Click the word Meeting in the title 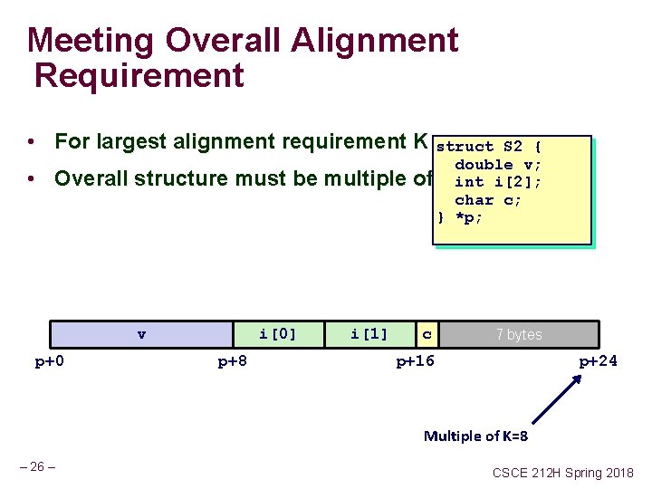coord(80,41)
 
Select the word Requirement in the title coord(139,75)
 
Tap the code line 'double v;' coord(498,165)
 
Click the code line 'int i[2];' coord(498,182)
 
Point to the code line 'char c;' coord(488,200)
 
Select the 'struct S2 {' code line coord(489,147)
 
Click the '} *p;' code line coord(459,218)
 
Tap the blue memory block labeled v coord(141,334)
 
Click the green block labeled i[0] coord(278,334)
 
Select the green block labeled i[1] coord(369,334)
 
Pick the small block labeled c coord(427,334)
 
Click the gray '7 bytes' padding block coord(519,334)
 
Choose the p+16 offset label coord(416,362)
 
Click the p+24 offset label coord(599,362)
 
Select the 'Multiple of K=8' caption coord(475,436)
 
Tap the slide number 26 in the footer coord(38,467)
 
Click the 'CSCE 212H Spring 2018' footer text coord(563,473)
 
